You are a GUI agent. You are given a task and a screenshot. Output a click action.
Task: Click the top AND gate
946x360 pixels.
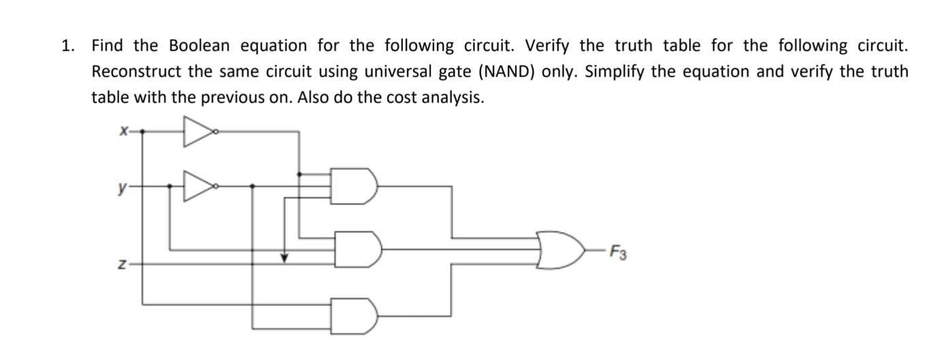[357, 185]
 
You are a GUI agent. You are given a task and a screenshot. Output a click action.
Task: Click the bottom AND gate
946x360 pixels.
[357, 316]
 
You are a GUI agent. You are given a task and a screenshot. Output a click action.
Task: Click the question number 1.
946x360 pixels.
[67, 46]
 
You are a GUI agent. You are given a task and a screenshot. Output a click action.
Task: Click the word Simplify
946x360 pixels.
[615, 71]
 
